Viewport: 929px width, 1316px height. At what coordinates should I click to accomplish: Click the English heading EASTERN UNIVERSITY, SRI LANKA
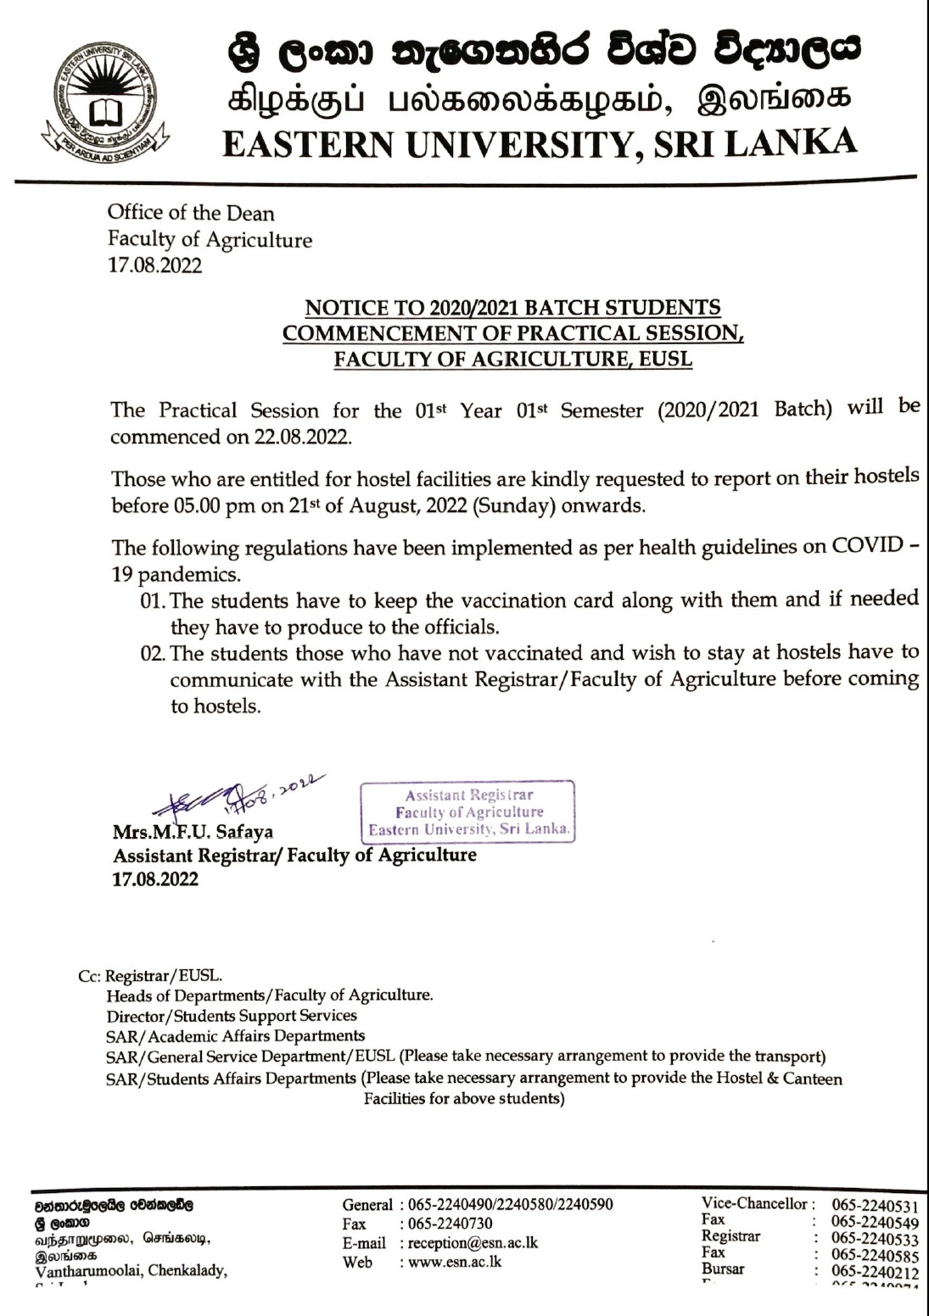540,143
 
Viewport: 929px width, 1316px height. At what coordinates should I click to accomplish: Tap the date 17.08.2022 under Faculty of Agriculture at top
155,265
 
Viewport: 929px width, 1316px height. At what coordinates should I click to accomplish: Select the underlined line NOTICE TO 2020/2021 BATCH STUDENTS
512,307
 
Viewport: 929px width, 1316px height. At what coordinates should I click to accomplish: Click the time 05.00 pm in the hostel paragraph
210,506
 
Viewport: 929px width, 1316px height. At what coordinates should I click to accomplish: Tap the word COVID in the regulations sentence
867,545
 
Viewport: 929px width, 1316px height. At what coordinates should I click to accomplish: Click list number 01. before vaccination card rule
153,601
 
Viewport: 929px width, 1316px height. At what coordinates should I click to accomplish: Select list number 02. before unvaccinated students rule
153,654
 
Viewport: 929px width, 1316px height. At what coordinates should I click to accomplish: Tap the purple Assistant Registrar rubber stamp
468,811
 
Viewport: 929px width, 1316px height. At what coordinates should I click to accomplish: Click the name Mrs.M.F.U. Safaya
193,832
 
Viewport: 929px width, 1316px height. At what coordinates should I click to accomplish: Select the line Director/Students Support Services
232,1016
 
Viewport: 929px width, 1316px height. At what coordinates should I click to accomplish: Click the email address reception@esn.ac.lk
473,1243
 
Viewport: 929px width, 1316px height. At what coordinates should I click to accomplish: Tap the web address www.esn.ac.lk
455,1262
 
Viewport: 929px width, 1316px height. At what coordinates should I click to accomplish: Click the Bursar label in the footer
723,1269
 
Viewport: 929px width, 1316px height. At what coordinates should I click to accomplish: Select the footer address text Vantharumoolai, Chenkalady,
131,1270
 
